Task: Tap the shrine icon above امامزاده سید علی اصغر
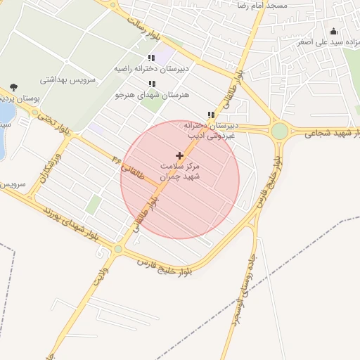[333, 31]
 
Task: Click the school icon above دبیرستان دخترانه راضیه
[151, 58]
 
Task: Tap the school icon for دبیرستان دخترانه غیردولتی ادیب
[211, 115]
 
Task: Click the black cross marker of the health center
[179, 155]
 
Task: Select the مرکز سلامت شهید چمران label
[180, 172]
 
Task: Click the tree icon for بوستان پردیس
[14, 87]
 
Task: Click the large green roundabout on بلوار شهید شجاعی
[280, 131]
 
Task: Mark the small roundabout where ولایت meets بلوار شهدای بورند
[118, 249]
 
